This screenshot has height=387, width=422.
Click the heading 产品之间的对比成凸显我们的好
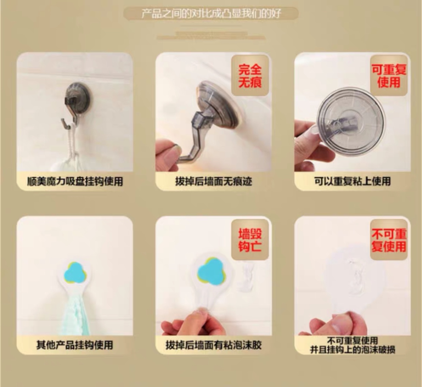point(211,14)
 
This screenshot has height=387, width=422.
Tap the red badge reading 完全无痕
point(250,76)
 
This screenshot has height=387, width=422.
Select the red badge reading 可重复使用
point(389,75)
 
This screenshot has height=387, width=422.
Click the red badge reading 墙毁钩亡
point(250,240)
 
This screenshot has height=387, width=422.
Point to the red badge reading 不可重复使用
point(389,240)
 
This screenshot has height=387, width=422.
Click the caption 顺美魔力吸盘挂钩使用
point(75,181)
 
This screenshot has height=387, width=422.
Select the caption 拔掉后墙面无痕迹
point(214,181)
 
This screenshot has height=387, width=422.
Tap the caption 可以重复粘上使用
point(352,181)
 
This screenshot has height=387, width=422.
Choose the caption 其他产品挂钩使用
point(75,345)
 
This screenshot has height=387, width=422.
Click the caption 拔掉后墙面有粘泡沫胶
point(214,345)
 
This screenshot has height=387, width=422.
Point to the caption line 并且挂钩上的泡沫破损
point(352,350)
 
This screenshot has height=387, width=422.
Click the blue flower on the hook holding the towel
point(75,272)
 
